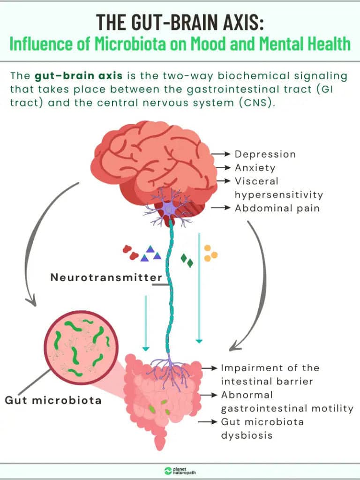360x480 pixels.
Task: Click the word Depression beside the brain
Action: point(265,154)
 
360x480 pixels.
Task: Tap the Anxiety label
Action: point(255,167)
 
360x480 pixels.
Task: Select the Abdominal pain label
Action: point(277,208)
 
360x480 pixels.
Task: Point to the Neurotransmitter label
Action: point(106,277)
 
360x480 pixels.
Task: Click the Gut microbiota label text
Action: point(53,400)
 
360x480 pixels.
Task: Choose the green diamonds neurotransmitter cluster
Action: point(187,260)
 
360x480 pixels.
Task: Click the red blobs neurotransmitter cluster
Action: point(130,253)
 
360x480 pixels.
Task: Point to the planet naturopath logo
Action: point(180,471)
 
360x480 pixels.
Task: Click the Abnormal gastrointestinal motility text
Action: point(287,402)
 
